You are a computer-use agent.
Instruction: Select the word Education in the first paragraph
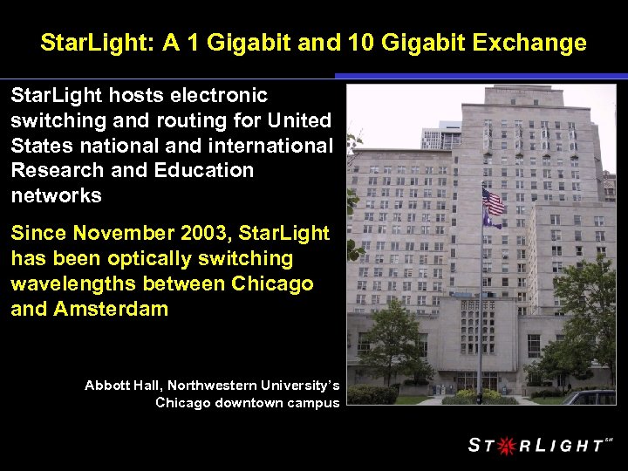[x=205, y=170]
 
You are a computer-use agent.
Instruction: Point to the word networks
[x=57, y=195]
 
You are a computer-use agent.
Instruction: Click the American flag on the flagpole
[x=494, y=202]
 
